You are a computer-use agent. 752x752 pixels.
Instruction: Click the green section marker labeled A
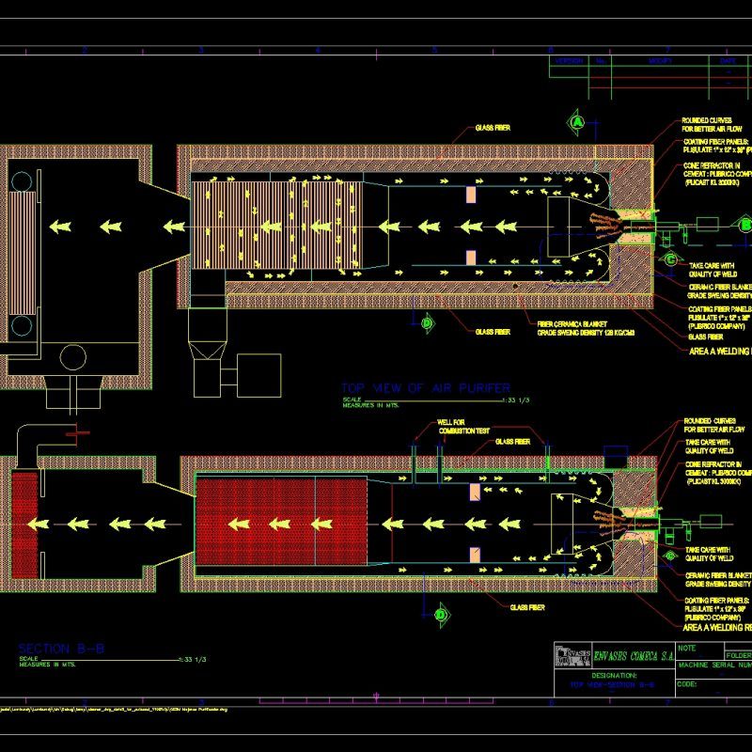click(578, 122)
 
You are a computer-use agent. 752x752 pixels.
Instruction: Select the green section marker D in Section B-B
click(439, 614)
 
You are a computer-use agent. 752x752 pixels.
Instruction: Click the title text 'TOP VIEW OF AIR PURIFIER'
click(426, 388)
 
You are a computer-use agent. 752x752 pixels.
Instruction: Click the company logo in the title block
click(570, 655)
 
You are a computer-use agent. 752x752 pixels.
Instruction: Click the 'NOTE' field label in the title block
click(689, 649)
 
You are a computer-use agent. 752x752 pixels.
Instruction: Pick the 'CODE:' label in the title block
click(687, 683)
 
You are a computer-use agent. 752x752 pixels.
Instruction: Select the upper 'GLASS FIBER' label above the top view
click(493, 128)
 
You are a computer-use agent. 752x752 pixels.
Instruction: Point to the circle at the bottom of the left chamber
click(72, 357)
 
